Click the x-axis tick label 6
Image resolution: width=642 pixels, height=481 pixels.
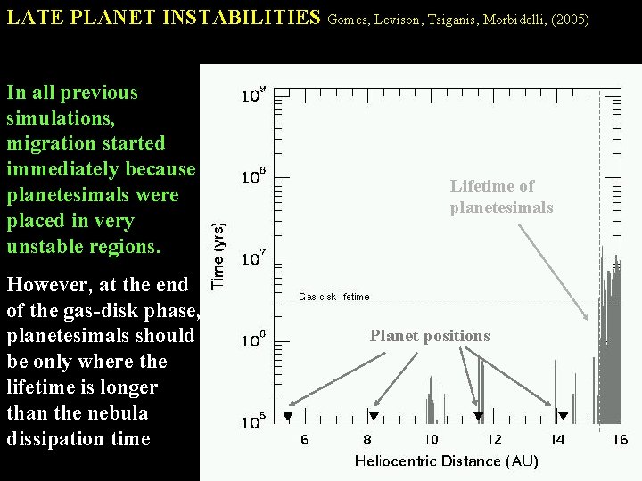(x=304, y=439)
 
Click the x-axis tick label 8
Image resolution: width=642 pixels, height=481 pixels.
(x=367, y=439)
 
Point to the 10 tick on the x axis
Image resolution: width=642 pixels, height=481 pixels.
(x=431, y=439)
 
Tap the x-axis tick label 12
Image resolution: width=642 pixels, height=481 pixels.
(x=493, y=439)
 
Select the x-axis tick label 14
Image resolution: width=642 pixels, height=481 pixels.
(x=556, y=439)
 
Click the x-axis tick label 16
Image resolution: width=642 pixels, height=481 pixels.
(x=620, y=439)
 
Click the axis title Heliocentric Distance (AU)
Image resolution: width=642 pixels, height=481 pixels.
(x=447, y=461)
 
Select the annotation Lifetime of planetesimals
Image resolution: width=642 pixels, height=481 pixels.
(x=501, y=197)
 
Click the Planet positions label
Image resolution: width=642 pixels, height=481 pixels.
(x=430, y=336)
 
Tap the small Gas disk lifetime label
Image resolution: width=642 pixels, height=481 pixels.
(x=333, y=297)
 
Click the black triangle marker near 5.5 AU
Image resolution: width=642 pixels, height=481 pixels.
(x=288, y=417)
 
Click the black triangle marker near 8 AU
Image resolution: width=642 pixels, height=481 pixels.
(x=374, y=417)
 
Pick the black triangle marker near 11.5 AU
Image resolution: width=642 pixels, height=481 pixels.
(x=479, y=417)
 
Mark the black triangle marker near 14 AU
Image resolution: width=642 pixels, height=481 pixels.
(x=564, y=417)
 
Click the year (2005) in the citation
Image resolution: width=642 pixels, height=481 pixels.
(x=570, y=19)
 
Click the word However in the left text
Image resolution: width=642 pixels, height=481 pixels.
(x=45, y=285)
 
